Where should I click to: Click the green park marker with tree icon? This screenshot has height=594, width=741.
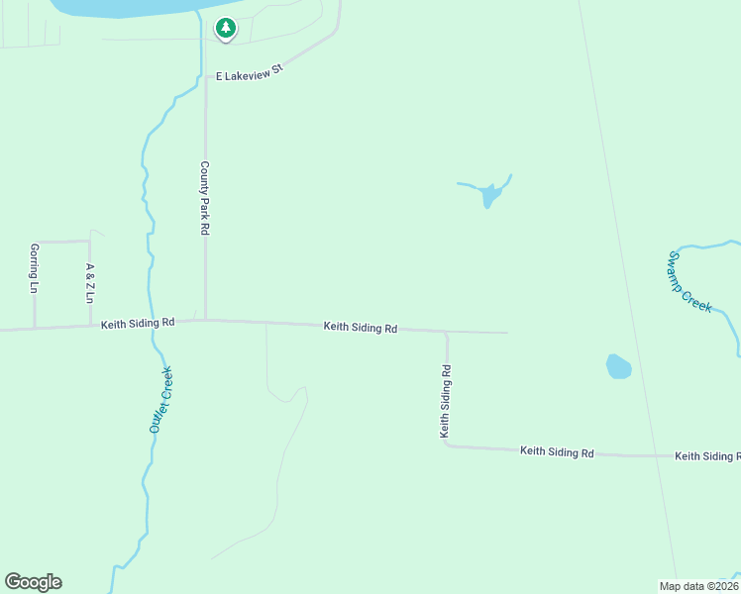coord(226,29)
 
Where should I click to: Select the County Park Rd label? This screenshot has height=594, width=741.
coord(205,198)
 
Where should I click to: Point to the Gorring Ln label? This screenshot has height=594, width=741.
coord(34,268)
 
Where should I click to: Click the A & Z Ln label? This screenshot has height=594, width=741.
coord(89,282)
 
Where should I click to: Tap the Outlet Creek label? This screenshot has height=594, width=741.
coord(160,399)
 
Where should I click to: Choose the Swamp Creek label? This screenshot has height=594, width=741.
coord(689,281)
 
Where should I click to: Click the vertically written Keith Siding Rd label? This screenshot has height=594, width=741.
coord(446,401)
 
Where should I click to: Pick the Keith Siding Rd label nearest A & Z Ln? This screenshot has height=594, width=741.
coord(138,323)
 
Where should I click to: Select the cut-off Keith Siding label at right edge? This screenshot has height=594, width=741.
coord(707,456)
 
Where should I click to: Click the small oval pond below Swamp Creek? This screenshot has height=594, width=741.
coord(618,366)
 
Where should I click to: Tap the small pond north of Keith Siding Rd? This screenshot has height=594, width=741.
coord(489,195)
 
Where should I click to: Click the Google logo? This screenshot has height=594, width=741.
coord(33,582)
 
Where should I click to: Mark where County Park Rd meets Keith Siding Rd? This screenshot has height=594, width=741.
coord(206,320)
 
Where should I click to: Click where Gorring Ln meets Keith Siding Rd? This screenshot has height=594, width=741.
coord(35,328)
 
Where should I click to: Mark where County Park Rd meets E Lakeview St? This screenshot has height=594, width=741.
coord(206,75)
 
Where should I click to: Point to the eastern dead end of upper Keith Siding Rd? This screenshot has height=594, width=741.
coord(506,333)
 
